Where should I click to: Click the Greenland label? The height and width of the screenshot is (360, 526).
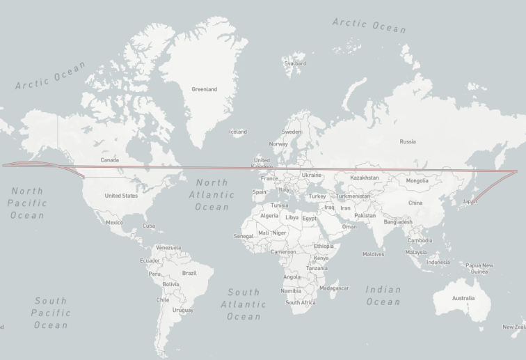pyautogui.click(x=204, y=89)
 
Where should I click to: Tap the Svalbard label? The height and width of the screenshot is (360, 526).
pyautogui.click(x=295, y=63)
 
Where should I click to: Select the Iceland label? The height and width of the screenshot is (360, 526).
pyautogui.click(x=238, y=132)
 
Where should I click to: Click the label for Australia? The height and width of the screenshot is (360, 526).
pyautogui.click(x=463, y=298)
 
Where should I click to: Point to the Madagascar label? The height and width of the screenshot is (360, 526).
pyautogui.click(x=334, y=288)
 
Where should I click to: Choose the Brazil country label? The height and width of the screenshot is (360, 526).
pyautogui.click(x=189, y=273)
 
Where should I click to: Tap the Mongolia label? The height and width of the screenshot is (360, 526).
pyautogui.click(x=417, y=180)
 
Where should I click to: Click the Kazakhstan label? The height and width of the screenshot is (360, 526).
pyautogui.click(x=365, y=178)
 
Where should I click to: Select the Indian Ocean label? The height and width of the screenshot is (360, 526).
pyautogui.click(x=383, y=295)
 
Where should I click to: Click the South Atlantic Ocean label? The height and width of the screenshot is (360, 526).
pyautogui.click(x=244, y=304)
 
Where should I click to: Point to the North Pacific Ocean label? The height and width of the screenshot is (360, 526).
pyautogui.click(x=28, y=203)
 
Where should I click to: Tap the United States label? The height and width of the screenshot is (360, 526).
pyautogui.click(x=121, y=196)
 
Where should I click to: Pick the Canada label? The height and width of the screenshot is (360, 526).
pyautogui.click(x=109, y=160)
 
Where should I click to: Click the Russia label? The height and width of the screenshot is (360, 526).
pyautogui.click(x=408, y=141)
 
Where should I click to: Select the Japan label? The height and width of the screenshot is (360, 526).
pyautogui.click(x=470, y=202)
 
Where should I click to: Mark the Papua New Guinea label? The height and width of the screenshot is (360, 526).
pyautogui.click(x=479, y=268)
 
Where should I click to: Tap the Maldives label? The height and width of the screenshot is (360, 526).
pyautogui.click(x=373, y=254)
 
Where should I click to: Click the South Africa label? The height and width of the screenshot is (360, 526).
pyautogui.click(x=301, y=302)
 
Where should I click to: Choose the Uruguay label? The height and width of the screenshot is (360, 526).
pyautogui.click(x=183, y=310)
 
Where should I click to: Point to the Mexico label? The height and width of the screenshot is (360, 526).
pyautogui.click(x=114, y=222)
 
